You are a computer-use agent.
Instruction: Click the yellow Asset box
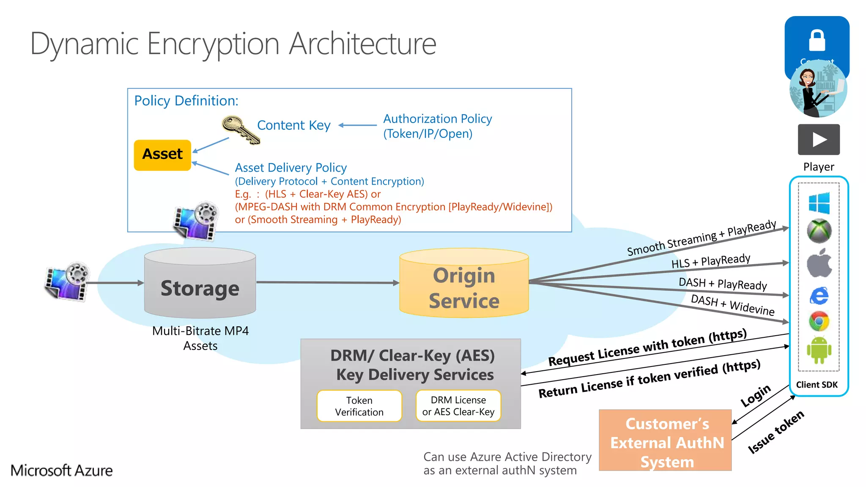[162, 155]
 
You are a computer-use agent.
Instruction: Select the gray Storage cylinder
[200, 283]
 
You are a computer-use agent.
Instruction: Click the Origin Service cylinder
[464, 283]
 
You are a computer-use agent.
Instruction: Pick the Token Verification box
[359, 406]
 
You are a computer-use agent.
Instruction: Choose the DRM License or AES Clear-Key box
[458, 406]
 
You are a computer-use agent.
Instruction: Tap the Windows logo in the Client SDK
[819, 203]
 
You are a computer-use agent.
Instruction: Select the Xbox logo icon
[819, 231]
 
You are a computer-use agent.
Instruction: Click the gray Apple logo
[819, 263]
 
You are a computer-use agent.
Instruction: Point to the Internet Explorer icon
[819, 295]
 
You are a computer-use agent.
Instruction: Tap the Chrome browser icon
[819, 322]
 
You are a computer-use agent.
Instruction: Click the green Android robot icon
[819, 350]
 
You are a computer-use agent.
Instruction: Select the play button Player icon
[819, 140]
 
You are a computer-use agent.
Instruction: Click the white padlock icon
[817, 41]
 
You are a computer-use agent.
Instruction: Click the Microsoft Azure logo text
[62, 470]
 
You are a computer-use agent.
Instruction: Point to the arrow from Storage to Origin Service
[328, 282]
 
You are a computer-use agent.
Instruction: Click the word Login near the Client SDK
[756, 396]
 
